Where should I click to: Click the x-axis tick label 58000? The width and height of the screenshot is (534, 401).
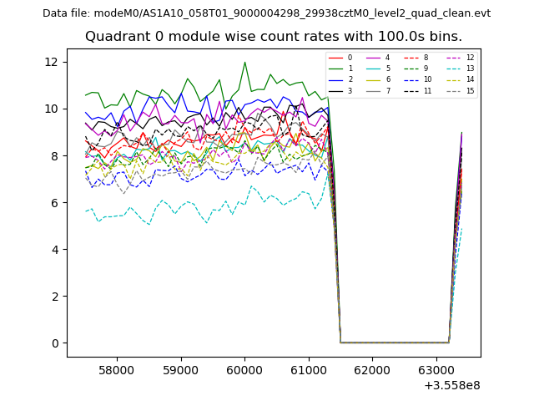117,369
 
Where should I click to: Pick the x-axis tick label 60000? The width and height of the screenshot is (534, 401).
244,369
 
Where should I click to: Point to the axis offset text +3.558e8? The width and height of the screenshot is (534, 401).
453,385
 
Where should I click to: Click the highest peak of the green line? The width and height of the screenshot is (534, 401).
244,62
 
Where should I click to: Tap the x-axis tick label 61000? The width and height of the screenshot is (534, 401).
308,369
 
